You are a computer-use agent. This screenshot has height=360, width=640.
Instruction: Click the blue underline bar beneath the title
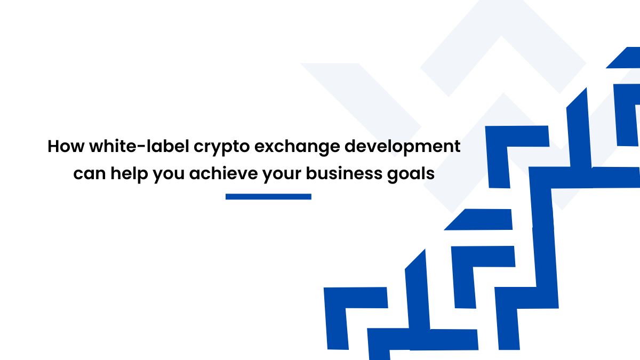pyautogui.click(x=268, y=197)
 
